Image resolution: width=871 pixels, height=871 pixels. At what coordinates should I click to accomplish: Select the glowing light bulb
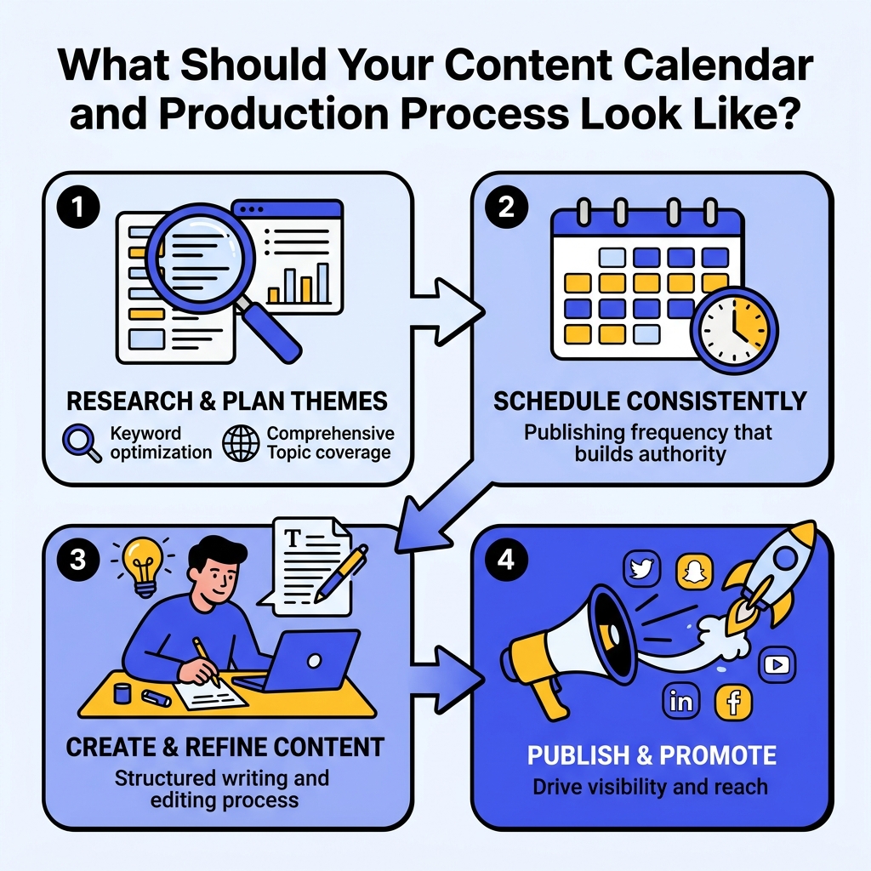pyautogui.click(x=143, y=562)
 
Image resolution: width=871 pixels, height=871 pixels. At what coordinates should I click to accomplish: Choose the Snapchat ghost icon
pyautogui.click(x=694, y=571)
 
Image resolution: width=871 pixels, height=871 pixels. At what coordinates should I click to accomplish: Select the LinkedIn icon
pyautogui.click(x=680, y=702)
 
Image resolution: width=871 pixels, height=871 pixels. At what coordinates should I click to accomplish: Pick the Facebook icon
pyautogui.click(x=732, y=702)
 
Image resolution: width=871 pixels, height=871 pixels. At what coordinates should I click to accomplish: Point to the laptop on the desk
pyautogui.click(x=305, y=663)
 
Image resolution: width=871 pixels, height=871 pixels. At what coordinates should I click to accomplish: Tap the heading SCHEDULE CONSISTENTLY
pyautogui.click(x=650, y=401)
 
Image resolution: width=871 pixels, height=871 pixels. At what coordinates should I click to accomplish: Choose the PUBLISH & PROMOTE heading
pyautogui.click(x=651, y=754)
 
